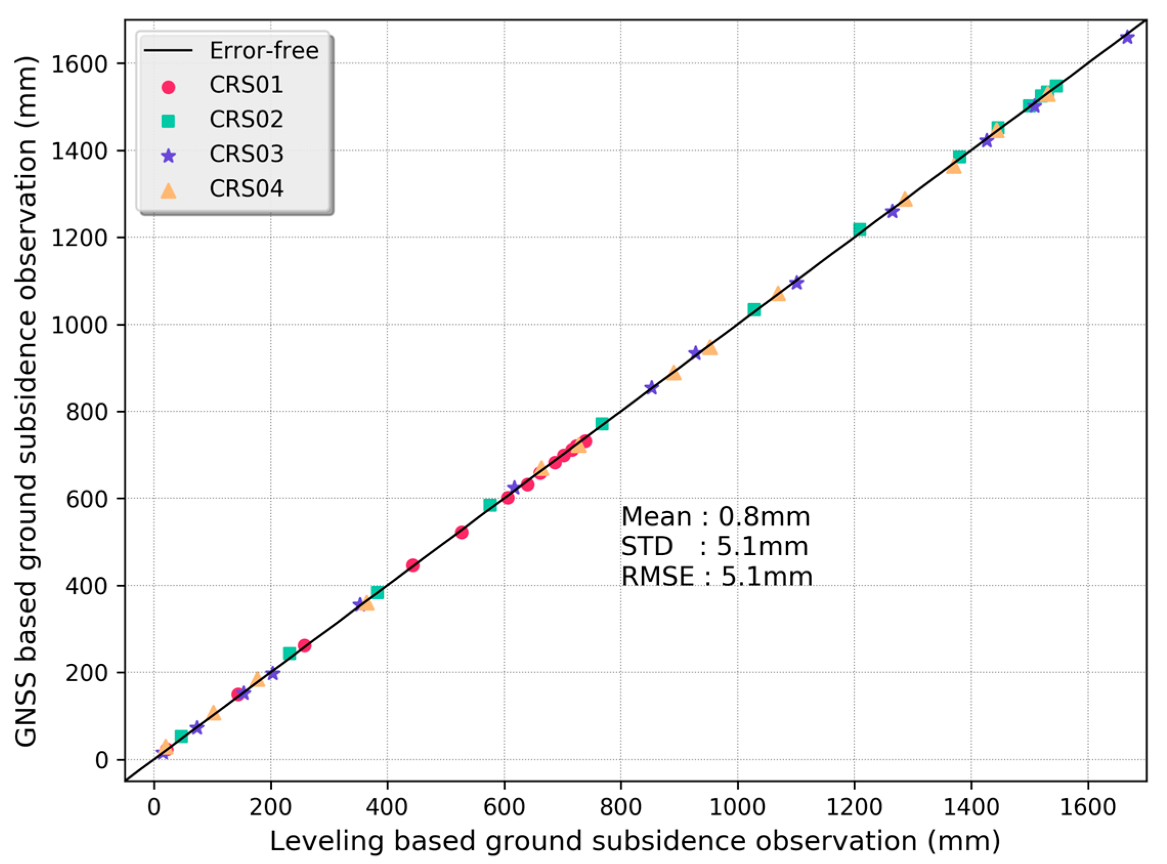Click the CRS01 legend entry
pos(246,85)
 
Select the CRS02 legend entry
pos(246,120)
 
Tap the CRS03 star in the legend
pos(168,155)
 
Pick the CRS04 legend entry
pos(246,189)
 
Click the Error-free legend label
pos(264,51)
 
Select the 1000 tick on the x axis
pos(738,807)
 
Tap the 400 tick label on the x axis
pos(387,807)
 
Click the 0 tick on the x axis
pos(154,807)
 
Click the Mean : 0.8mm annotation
pos(716,517)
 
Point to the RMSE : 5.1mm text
pos(717,577)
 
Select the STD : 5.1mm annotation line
pos(715,547)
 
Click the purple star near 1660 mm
pos(1127,38)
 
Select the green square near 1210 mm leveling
pos(860,229)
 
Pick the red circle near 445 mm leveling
pos(413,565)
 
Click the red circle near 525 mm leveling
pos(462,533)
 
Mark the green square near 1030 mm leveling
pos(753,310)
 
